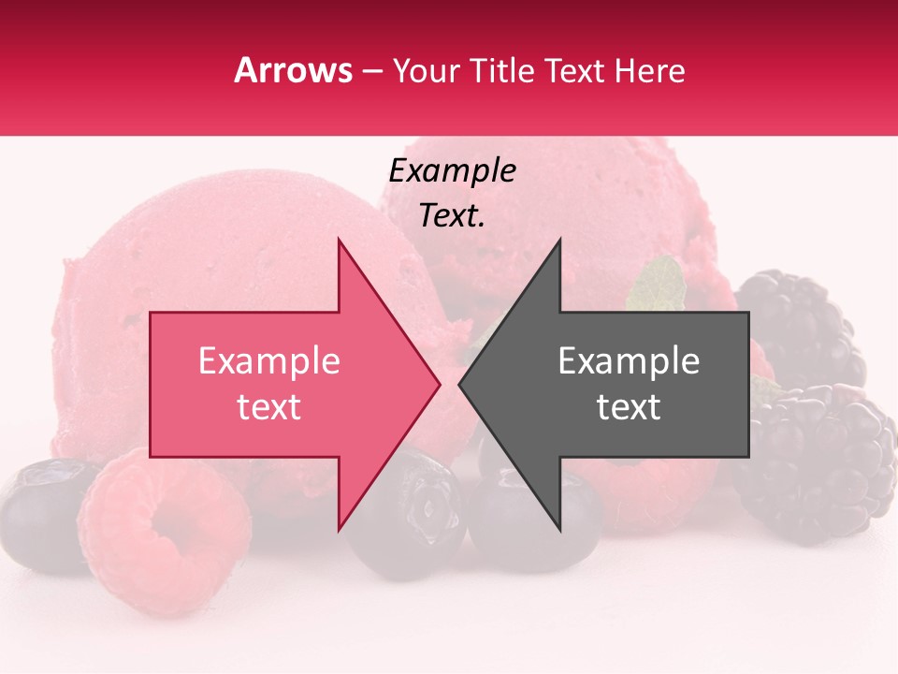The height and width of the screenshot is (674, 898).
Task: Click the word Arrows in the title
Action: [294, 70]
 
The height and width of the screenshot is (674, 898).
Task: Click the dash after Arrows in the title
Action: [371, 71]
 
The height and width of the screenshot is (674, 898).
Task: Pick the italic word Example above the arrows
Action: [452, 171]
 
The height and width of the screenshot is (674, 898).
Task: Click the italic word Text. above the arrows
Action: [452, 216]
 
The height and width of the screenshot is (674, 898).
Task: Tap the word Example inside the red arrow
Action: [268, 361]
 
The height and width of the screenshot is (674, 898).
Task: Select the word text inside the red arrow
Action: [268, 407]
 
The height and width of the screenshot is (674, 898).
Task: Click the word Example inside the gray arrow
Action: [629, 361]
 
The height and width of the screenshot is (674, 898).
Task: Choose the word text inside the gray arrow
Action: [629, 407]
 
